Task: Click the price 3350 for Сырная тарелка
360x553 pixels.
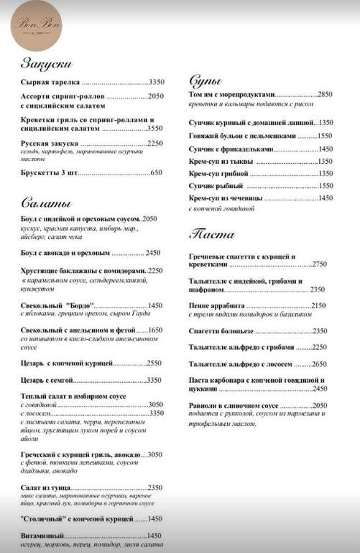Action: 157,83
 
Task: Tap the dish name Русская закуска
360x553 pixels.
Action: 50,143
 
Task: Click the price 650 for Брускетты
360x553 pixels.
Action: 157,172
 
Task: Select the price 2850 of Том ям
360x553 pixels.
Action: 325,95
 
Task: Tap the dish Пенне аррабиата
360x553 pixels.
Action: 217,305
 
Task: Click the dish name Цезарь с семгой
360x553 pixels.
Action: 47,379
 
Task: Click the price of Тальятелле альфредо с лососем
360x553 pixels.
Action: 319,363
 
